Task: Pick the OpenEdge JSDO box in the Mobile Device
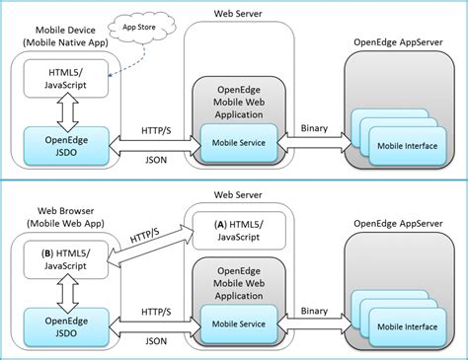pos(61,144)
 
